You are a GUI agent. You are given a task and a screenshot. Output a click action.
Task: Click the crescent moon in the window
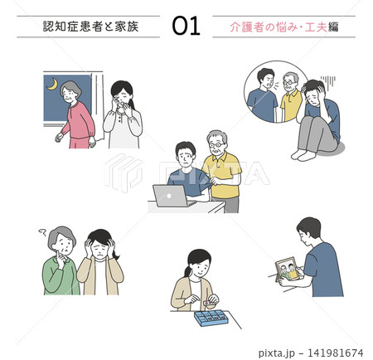[53, 85]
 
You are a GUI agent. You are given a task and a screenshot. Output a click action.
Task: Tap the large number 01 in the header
[186, 26]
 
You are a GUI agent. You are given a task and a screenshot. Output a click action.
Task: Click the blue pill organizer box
[211, 318]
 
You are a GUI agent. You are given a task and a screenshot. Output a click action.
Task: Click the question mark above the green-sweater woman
[42, 232]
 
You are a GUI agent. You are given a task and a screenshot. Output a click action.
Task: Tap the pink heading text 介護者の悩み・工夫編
[284, 27]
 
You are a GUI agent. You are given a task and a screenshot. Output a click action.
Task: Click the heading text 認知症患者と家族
[90, 27]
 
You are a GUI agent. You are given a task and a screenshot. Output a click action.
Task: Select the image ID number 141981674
[335, 353]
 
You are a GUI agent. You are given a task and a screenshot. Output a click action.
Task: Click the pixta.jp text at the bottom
[277, 353]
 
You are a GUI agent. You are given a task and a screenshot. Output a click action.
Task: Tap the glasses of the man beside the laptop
[216, 144]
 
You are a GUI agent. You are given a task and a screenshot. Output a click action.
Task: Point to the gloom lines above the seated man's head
[328, 81]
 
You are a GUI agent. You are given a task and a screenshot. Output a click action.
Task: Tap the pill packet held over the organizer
[209, 303]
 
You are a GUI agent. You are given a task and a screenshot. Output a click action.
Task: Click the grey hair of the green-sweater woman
[61, 235]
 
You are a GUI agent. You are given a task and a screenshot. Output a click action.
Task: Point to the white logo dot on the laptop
[169, 196]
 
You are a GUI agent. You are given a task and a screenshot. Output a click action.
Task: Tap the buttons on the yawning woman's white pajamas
[119, 119]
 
